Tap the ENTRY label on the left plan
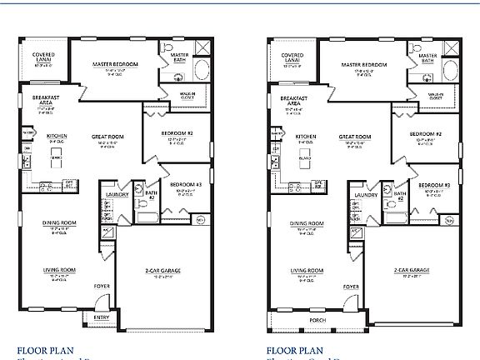pos(101,317)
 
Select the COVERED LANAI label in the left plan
pos(43,57)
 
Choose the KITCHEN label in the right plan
pos(305,136)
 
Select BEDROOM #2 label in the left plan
pos(177,133)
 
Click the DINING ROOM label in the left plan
pos(60,223)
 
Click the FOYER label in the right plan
pos(351,286)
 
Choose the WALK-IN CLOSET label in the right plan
pos(439,96)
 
